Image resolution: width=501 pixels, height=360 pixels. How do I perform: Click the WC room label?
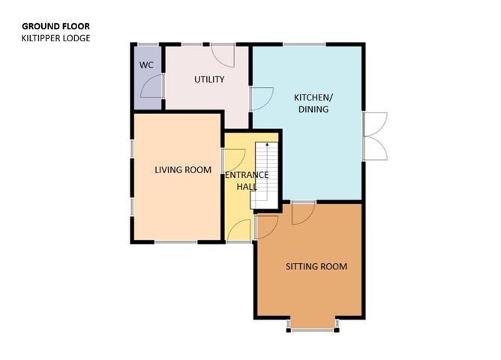click(146, 65)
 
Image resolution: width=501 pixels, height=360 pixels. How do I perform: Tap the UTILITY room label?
click(209, 79)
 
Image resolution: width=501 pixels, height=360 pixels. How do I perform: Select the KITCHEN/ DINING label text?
click(311, 103)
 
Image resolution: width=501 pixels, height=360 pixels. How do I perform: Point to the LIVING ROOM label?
click(182, 169)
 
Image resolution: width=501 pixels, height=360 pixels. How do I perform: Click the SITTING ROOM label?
click(316, 266)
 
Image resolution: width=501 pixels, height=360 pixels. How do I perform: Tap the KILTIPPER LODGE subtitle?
click(55, 37)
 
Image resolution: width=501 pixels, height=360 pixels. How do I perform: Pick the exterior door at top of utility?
click(220, 54)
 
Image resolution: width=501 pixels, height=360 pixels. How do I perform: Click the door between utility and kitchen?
click(261, 97)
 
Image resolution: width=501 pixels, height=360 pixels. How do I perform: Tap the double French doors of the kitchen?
click(374, 136)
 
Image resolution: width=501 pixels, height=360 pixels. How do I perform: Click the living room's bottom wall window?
click(176, 242)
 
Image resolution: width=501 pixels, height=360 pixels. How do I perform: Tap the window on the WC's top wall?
click(148, 45)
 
